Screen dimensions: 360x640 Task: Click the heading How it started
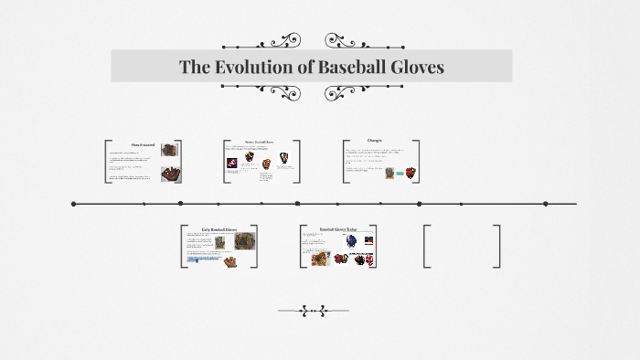pos(144,144)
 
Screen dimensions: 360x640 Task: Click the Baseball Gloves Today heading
pos(338,228)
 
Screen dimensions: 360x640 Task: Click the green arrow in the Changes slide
pos(400,173)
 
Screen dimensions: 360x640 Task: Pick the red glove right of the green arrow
pos(411,172)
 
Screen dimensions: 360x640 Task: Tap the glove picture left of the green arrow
pos(389,173)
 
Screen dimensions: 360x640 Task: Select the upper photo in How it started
pos(170,149)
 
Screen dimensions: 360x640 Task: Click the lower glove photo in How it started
pos(170,173)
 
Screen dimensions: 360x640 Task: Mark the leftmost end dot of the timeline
pos(74,204)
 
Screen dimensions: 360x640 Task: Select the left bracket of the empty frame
pos(426,246)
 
